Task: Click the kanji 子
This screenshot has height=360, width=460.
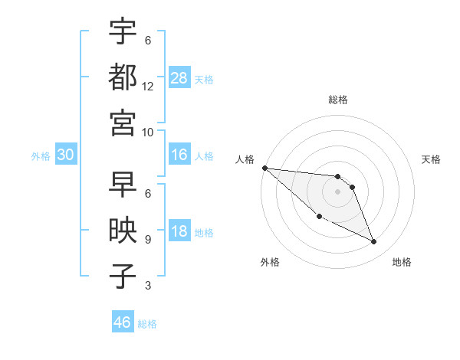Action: click(123, 277)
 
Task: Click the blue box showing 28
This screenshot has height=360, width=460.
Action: click(179, 77)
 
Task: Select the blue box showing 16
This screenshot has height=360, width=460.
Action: click(179, 155)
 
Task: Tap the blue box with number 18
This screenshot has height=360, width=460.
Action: click(179, 231)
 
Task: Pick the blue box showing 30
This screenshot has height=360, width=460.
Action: click(66, 155)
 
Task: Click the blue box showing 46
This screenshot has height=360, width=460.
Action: click(123, 322)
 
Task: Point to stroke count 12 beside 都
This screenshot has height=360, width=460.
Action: click(148, 87)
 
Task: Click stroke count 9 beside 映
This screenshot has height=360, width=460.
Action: click(147, 240)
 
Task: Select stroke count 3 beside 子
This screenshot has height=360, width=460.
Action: click(147, 286)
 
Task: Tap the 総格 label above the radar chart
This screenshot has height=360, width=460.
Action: click(337, 100)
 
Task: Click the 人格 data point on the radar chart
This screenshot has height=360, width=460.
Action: click(264, 168)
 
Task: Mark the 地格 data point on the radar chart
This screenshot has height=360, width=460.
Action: click(374, 242)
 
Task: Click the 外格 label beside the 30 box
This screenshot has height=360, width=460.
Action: click(41, 155)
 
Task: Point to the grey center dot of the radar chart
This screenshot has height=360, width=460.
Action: click(337, 191)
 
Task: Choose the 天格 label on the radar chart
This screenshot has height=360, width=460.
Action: click(432, 159)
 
